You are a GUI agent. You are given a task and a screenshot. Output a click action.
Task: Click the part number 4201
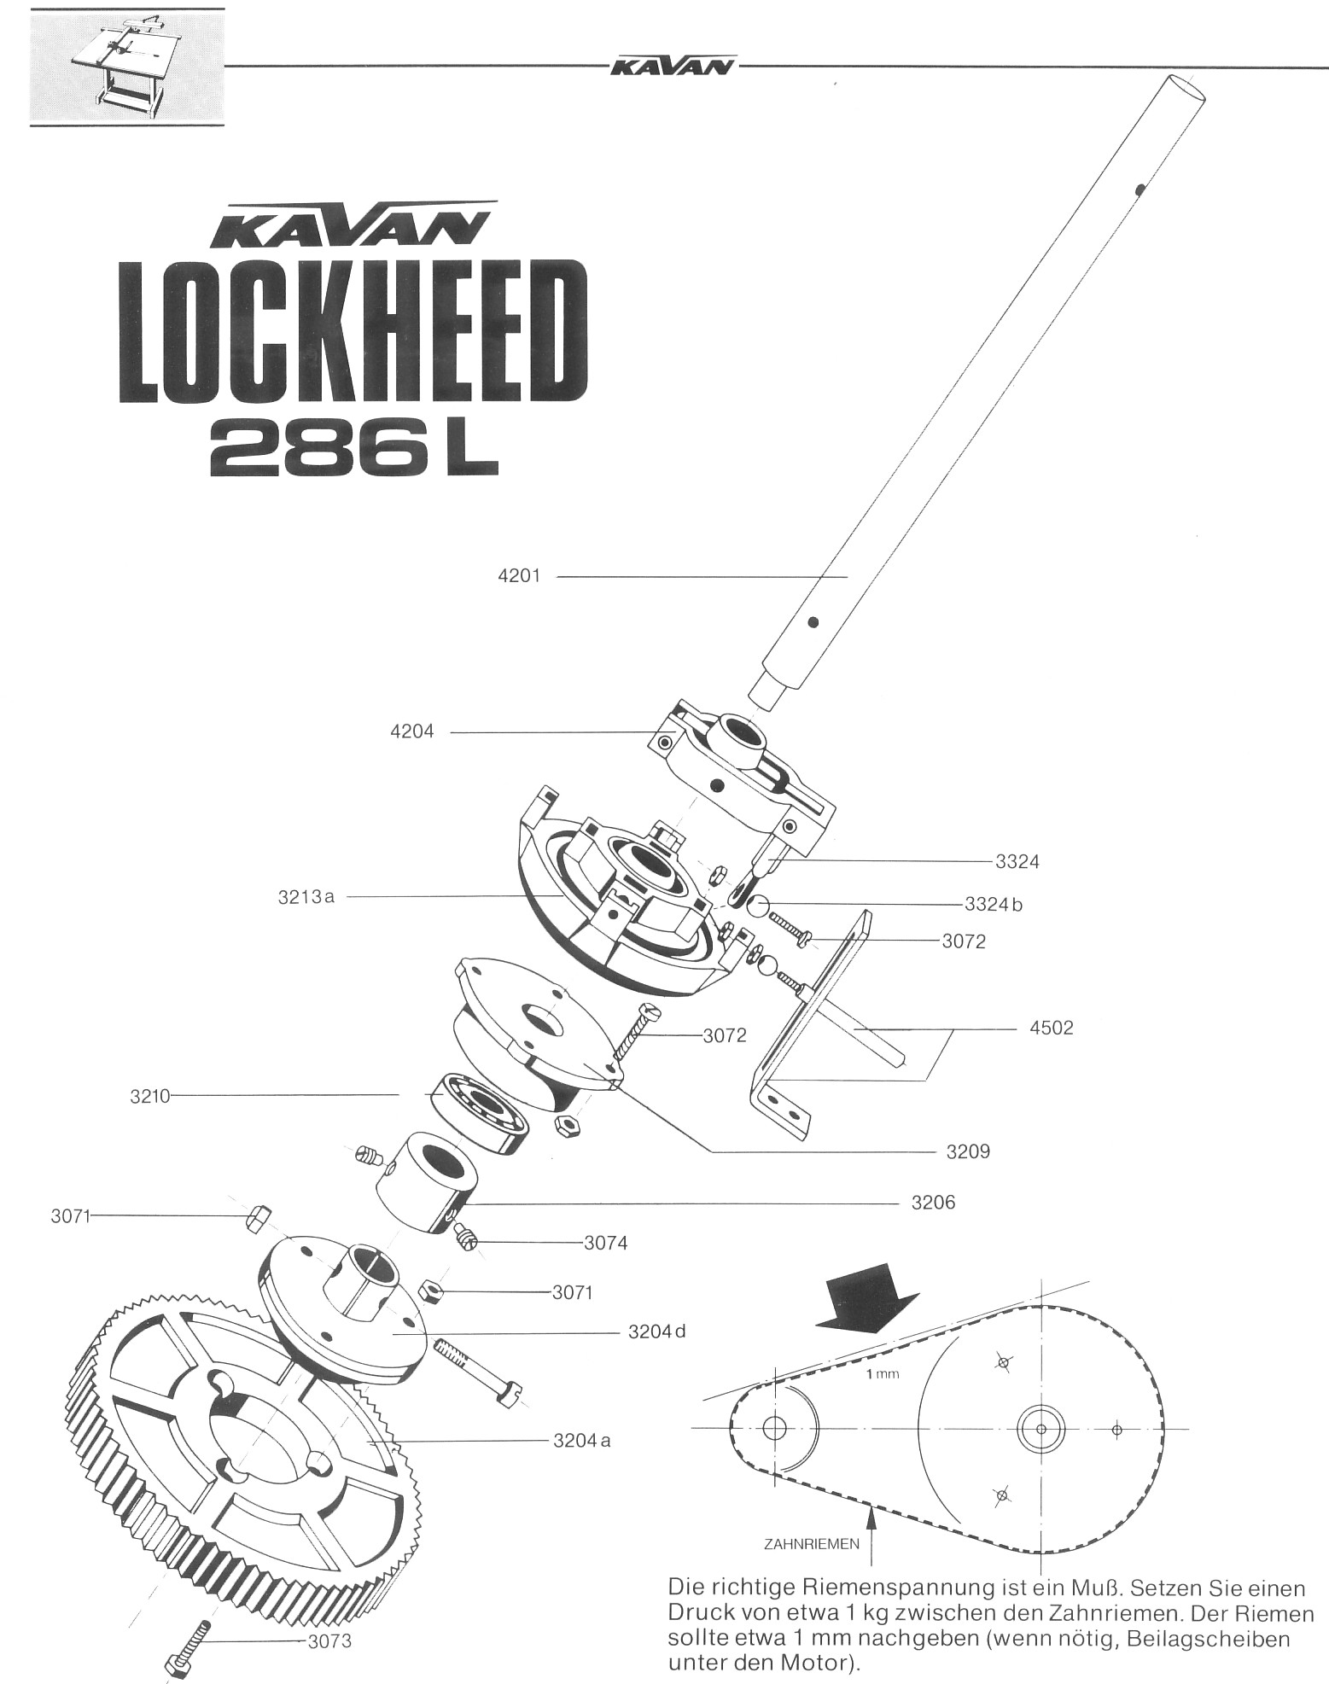pyautogui.click(x=519, y=576)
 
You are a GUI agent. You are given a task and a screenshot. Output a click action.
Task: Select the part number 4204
pyautogui.click(x=411, y=731)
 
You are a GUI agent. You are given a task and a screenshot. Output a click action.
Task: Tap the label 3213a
pyautogui.click(x=306, y=896)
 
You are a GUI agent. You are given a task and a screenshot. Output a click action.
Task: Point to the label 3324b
pyautogui.click(x=993, y=905)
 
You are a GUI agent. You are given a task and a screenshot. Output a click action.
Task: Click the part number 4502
pyautogui.click(x=1051, y=1028)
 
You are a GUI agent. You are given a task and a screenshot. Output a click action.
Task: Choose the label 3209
pyautogui.click(x=968, y=1151)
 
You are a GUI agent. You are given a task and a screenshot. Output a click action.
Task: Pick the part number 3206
pyautogui.click(x=933, y=1203)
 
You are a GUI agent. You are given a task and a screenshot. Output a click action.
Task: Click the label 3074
pyautogui.click(x=605, y=1244)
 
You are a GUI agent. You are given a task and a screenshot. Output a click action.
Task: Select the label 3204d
pyautogui.click(x=656, y=1331)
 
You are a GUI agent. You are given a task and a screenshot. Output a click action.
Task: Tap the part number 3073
pyautogui.click(x=329, y=1641)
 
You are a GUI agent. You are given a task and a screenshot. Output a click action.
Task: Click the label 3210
pyautogui.click(x=151, y=1097)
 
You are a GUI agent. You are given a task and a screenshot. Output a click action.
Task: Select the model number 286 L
pyautogui.click(x=353, y=450)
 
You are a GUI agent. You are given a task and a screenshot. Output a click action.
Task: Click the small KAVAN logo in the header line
pyautogui.click(x=673, y=67)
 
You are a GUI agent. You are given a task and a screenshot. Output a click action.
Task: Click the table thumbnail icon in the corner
pyautogui.click(x=126, y=66)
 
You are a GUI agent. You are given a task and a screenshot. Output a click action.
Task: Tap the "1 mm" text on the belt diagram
pyautogui.click(x=883, y=1374)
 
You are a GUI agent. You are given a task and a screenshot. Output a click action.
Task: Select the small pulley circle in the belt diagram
pyautogui.click(x=775, y=1427)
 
